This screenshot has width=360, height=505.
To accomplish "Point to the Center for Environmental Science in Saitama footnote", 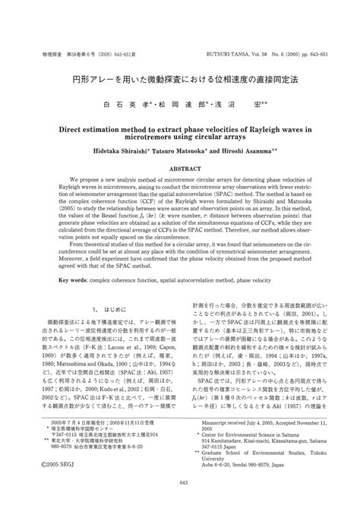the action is click(257, 433).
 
